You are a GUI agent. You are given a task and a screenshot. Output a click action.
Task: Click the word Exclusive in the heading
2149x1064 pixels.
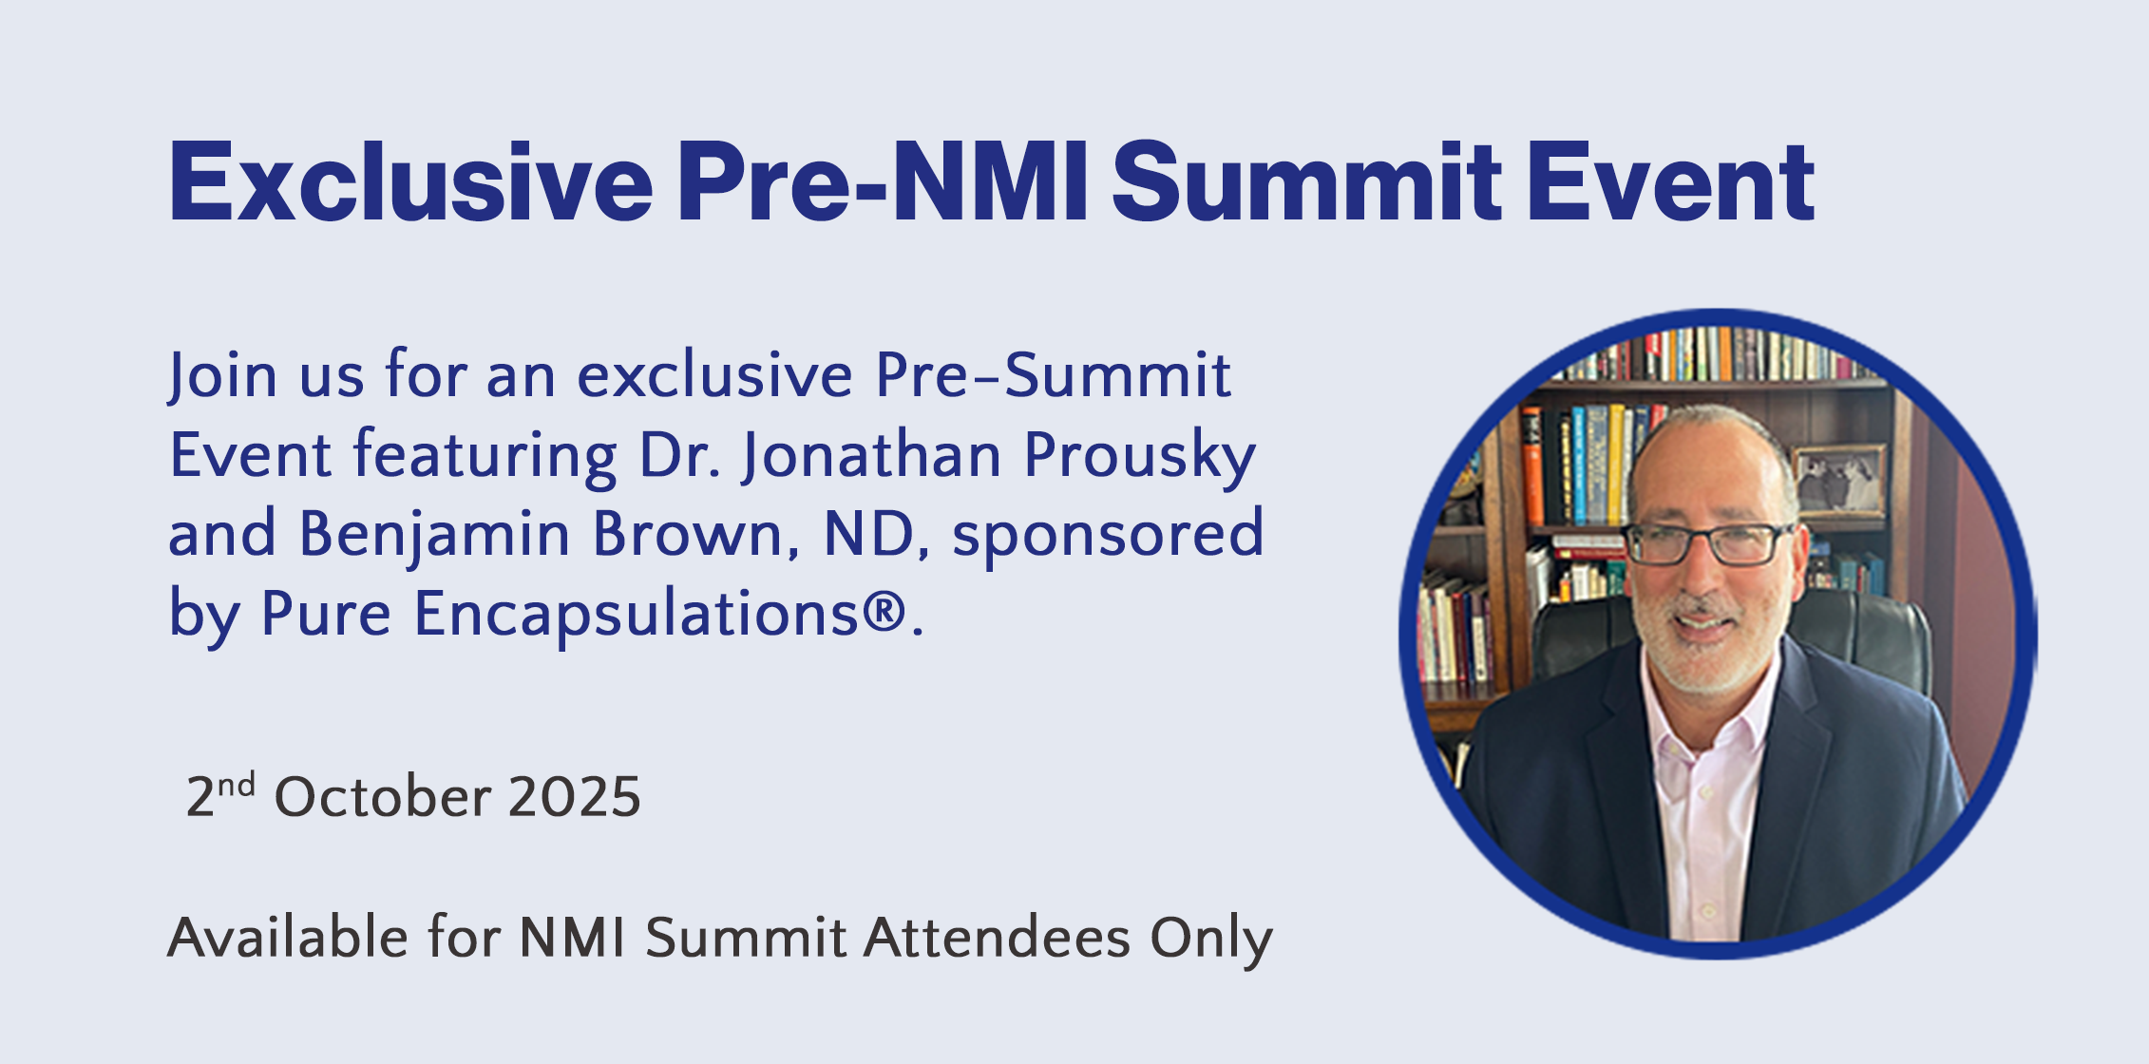click(411, 181)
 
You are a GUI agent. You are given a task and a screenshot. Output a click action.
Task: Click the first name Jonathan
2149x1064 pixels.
click(871, 456)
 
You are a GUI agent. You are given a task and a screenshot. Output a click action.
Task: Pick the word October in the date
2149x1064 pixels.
click(381, 796)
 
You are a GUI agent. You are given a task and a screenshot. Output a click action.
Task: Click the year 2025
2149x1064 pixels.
click(575, 796)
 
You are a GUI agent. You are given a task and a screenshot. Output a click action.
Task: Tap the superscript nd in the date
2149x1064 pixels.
click(237, 785)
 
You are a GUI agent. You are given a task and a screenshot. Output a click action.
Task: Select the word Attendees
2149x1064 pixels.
click(997, 938)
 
